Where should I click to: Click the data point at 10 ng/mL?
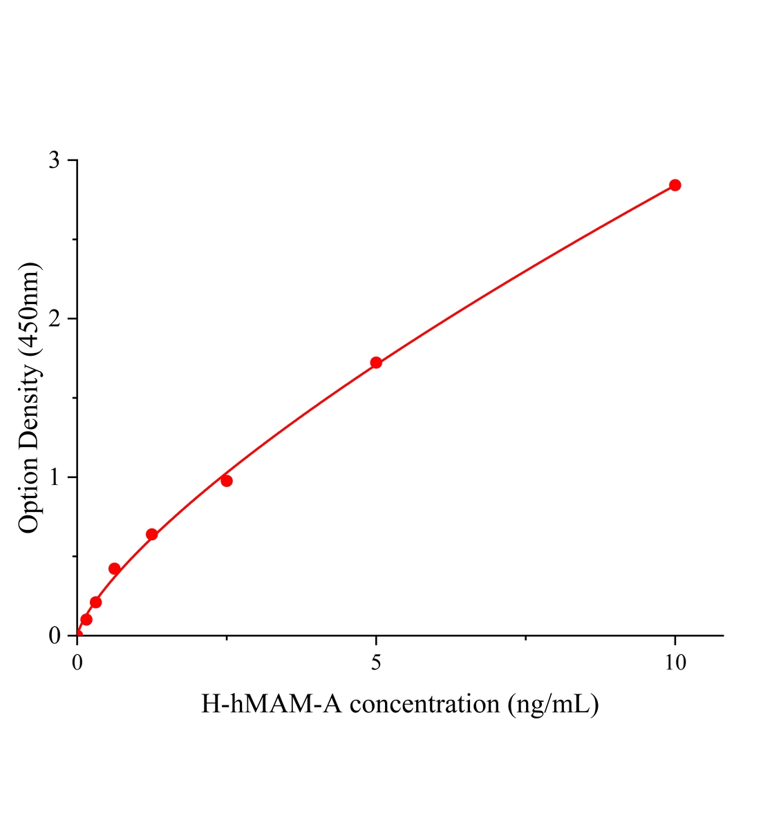pos(675,185)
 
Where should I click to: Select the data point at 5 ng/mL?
pos(376,363)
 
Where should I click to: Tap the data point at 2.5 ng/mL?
pos(227,481)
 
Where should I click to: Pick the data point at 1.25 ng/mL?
pos(152,535)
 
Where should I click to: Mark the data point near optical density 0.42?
pos(115,569)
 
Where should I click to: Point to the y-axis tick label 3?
pos(55,161)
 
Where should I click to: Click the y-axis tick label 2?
pos(55,319)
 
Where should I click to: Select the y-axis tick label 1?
pos(55,477)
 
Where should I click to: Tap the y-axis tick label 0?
pos(55,636)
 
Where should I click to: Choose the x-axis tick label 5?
pos(376,663)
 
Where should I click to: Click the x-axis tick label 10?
pos(675,663)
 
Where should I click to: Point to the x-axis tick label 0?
pos(77,663)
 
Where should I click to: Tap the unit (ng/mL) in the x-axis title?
pos(552,705)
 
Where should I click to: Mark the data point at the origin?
pos(77,635)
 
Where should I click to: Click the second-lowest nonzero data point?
pos(96,602)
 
